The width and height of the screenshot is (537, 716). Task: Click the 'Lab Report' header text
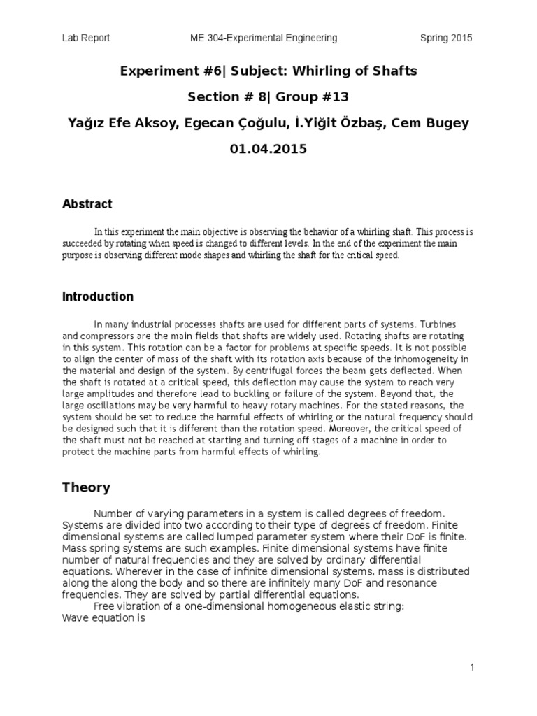[86, 38]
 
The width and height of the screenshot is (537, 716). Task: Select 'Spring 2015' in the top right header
[446, 38]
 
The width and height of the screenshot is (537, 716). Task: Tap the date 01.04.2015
[268, 149]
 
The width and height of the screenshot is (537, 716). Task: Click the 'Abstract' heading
[87, 204]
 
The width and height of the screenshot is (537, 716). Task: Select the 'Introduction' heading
[98, 296]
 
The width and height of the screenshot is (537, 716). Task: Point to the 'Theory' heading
[86, 487]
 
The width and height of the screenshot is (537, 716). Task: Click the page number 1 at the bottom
[472, 668]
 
